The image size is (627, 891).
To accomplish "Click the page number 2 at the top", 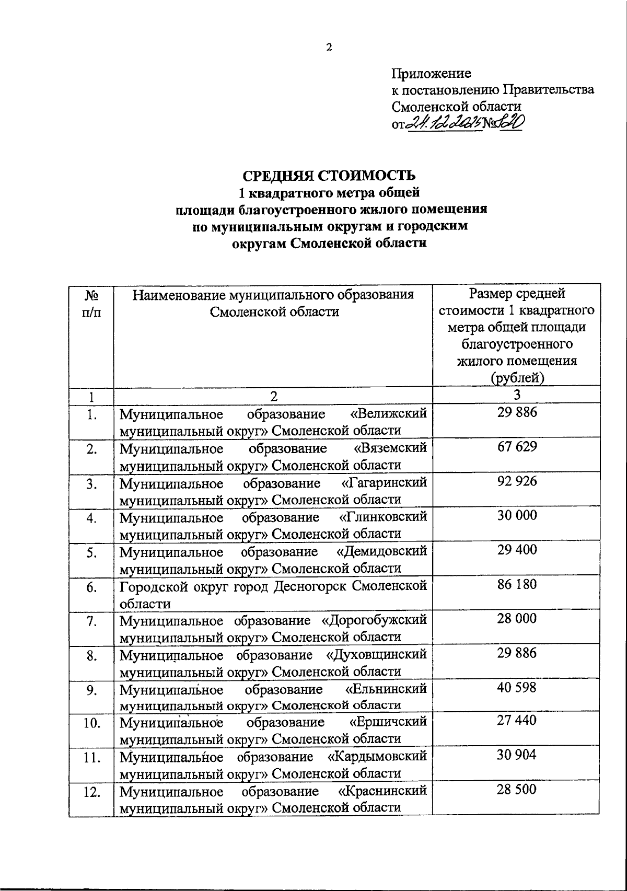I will coord(329,48).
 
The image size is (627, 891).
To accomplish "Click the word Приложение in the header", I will coord(431,73).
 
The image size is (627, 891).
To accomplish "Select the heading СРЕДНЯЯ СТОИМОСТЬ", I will coord(329,175).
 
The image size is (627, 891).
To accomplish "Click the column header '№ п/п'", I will coord(91,303).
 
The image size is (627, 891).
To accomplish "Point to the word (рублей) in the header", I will coord(516,377).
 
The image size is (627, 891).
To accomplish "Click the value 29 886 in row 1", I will coord(516,413).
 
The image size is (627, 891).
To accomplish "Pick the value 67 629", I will coord(516,447).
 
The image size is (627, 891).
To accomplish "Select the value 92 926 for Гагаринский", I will coord(516,481).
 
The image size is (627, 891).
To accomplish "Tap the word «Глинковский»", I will coord(382,517).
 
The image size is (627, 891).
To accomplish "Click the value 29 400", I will coord(516,550).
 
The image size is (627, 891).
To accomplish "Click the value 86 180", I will coord(516,584).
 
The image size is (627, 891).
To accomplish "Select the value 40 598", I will coord(516,688).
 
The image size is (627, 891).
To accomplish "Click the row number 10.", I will coord(91,724).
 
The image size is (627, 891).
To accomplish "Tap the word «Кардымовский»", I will coord(377,756).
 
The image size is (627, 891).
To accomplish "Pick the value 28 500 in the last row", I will coord(516,790).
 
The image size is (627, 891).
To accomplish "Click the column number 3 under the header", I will coord(516,395).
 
